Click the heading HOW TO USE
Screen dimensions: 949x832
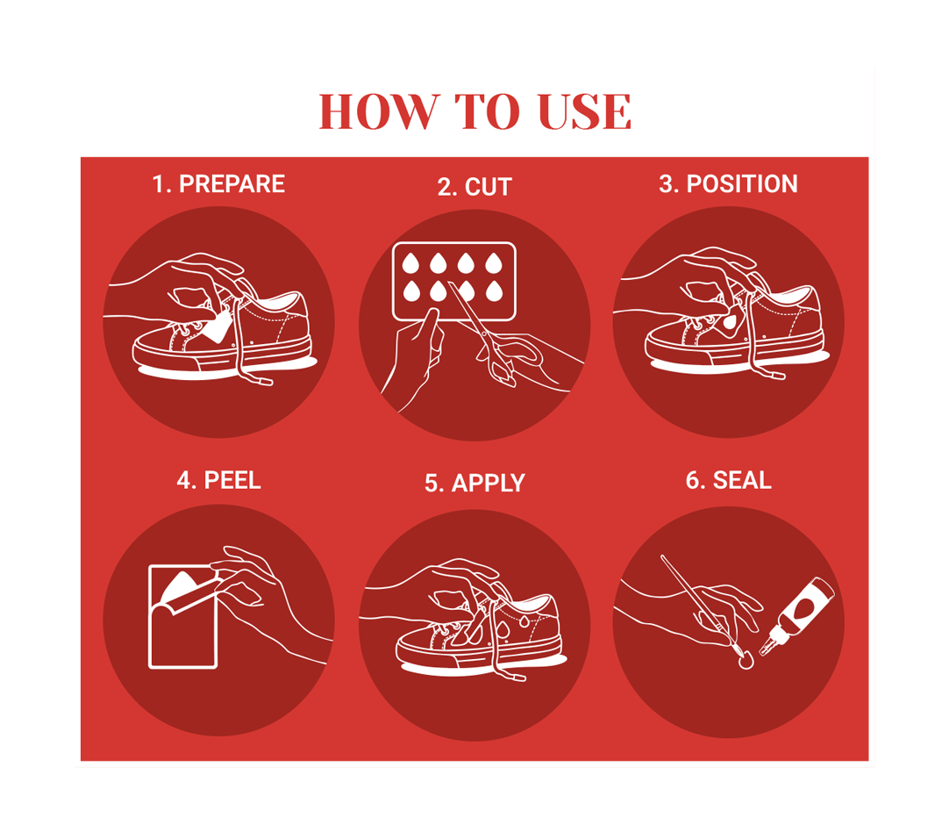pos(475,112)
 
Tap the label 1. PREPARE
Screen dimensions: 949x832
pos(218,184)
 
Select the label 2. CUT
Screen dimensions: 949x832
pos(475,187)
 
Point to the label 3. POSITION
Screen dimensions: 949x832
pos(728,184)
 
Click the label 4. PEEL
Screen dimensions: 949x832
pos(218,480)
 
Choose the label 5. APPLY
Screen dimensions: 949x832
pos(475,484)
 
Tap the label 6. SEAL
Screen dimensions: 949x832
pos(728,480)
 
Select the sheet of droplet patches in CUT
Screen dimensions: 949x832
pos(454,281)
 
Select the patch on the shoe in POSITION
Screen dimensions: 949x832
pos(731,324)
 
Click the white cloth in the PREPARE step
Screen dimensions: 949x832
pos(216,327)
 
